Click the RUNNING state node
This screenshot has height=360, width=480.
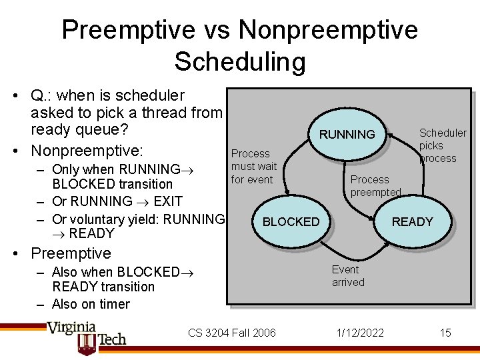click(347, 135)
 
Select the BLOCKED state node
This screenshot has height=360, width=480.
click(291, 222)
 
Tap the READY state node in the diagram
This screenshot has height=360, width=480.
click(412, 222)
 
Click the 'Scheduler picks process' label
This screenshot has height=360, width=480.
click(442, 145)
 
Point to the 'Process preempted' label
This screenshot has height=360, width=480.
click(375, 185)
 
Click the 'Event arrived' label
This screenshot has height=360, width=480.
click(348, 276)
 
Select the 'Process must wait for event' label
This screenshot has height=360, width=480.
click(253, 166)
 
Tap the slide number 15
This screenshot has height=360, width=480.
click(445, 333)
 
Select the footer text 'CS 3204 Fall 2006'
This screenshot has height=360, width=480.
click(231, 333)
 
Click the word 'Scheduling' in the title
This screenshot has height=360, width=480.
click(240, 61)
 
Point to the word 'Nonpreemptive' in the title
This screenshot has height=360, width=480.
click(328, 30)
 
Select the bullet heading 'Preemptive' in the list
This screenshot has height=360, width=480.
click(71, 253)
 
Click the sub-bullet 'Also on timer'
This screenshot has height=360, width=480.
click(91, 304)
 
